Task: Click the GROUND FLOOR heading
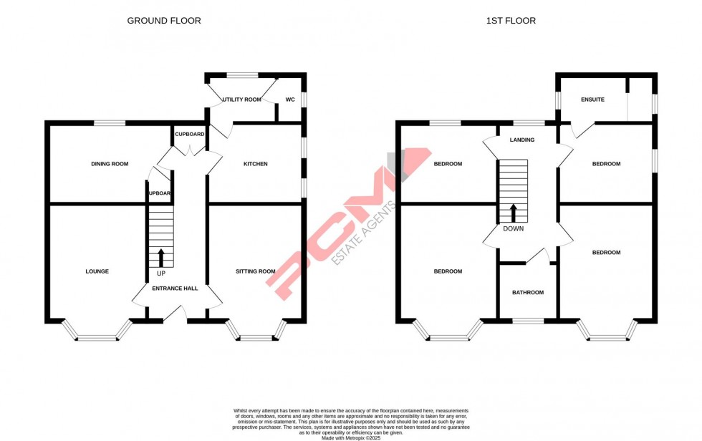[164, 21]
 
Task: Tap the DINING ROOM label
[110, 164]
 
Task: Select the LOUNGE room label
[97, 271]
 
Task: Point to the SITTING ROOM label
[256, 271]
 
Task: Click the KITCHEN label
[255, 164]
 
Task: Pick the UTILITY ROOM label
[241, 100]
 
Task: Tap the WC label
[290, 100]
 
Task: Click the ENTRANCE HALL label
[175, 288]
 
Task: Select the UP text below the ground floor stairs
[160, 273]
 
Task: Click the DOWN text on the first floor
[513, 229]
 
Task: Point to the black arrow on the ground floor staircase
[160, 257]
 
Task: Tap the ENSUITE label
[592, 100]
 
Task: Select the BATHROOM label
[527, 292]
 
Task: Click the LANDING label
[521, 140]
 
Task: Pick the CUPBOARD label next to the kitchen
[190, 134]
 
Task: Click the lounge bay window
[97, 334]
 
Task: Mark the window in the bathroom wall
[528, 320]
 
